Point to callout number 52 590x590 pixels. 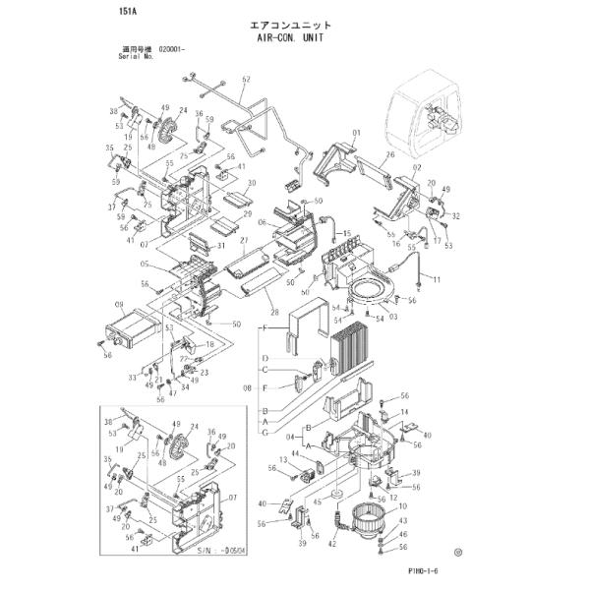point(246,79)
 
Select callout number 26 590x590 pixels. point(390,154)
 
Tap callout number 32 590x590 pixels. point(455,215)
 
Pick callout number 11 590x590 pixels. point(437,281)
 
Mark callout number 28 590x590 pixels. point(276,314)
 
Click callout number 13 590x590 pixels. point(282,460)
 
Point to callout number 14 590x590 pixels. point(405,413)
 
